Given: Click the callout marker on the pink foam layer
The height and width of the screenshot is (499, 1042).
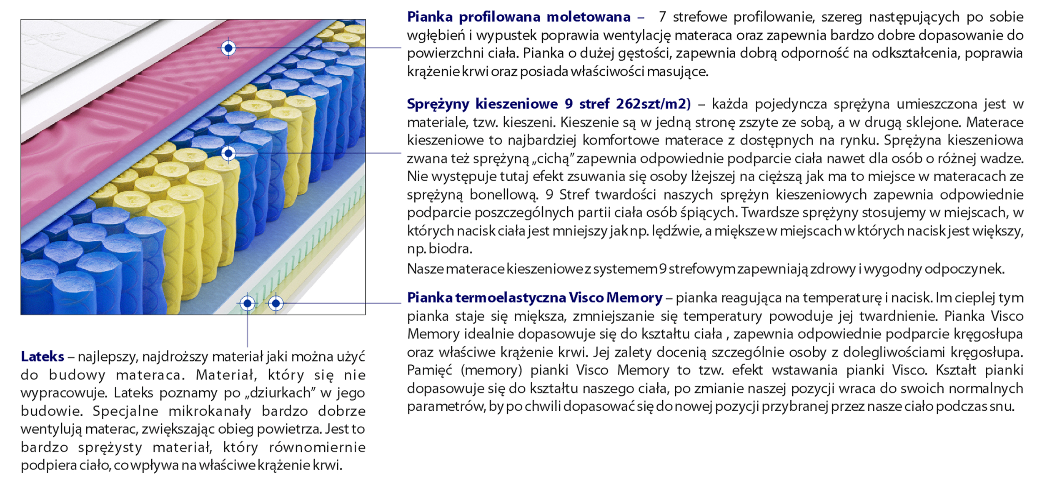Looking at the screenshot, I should pos(228,48).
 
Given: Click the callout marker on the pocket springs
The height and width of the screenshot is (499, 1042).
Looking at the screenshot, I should pos(228,154).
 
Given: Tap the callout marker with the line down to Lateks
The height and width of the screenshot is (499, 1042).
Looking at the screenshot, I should pos(247,303).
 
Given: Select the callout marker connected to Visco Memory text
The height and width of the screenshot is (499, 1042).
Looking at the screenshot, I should pos(276,303).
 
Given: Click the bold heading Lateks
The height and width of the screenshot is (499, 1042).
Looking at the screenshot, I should pos(43,357).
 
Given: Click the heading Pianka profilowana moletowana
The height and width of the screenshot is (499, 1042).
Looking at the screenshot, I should pos(518,17).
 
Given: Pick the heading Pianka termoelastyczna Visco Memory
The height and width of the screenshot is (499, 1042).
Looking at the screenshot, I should pos(535,298).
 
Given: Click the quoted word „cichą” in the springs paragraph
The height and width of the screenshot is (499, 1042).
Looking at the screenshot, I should pos(553,159).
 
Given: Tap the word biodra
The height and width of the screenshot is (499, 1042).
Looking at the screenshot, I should pos(451,249).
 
